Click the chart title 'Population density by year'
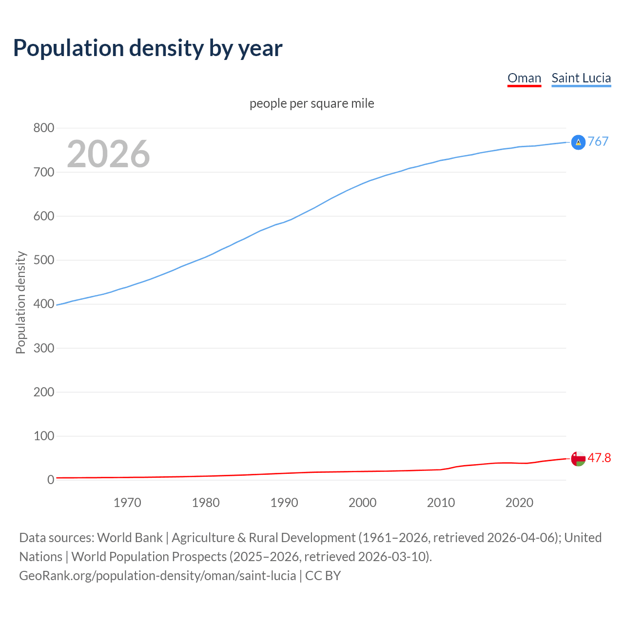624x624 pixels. pos(148,48)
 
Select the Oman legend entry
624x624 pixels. pos(524,78)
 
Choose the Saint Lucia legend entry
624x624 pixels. pos(581,78)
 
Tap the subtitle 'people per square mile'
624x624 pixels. pos(312,103)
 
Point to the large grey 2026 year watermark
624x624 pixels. pos(108,154)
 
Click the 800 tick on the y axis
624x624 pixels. pos(43,128)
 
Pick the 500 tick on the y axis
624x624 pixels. pos(43,260)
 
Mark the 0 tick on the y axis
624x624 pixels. pos(51,480)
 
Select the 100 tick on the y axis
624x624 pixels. pos(43,436)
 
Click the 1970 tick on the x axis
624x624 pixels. pos(127,503)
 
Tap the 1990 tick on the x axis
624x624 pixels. pos(284,503)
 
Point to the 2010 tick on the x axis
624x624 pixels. pos(441,503)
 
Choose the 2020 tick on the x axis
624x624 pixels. pos(519,503)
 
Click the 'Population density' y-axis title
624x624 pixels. pos(20,302)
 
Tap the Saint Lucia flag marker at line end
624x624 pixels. pos(578,142)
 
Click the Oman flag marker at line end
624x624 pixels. pos(578,459)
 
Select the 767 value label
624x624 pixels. pos(598,141)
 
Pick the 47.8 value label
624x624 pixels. pos(599,458)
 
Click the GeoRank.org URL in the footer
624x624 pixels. pos(157,576)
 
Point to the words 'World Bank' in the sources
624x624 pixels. pos(130,538)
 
